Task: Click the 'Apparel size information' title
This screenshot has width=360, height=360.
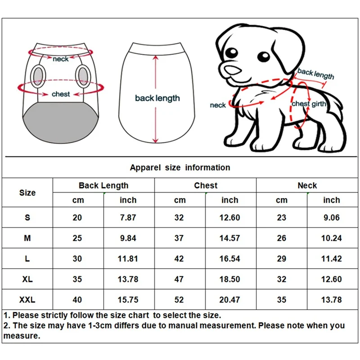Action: click(x=180, y=167)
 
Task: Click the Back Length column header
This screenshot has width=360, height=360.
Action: click(x=103, y=185)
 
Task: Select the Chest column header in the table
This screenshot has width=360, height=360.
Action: click(x=206, y=185)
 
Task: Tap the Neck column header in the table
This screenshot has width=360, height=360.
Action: click(x=307, y=185)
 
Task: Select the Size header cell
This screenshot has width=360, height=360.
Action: click(x=27, y=193)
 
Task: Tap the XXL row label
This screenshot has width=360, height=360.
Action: click(x=27, y=300)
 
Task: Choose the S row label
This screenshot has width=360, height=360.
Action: click(x=27, y=217)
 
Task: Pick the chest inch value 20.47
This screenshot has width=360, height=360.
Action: click(x=229, y=300)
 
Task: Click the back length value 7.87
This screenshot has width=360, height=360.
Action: click(x=128, y=217)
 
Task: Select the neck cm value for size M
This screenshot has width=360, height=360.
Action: click(x=281, y=238)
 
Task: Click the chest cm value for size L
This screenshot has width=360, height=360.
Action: click(x=179, y=259)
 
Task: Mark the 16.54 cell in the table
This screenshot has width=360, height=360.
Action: click(x=229, y=259)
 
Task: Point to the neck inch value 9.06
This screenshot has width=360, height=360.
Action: click(x=331, y=217)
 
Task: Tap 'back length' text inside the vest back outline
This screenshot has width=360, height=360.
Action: click(x=157, y=98)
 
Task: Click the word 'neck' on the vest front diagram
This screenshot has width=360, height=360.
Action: click(x=61, y=59)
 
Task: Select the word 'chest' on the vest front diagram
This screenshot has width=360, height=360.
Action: click(x=61, y=94)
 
